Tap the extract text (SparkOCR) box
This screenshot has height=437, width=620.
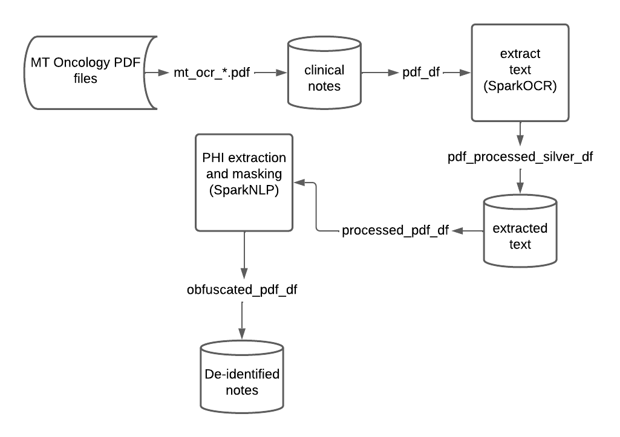click(520, 71)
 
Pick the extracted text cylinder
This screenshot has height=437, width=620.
click(520, 236)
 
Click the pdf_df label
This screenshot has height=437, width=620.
click(422, 73)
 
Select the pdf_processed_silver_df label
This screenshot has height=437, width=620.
click(520, 157)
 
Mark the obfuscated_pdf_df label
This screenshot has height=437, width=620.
click(242, 290)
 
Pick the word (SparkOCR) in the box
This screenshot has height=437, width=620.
click(520, 86)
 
